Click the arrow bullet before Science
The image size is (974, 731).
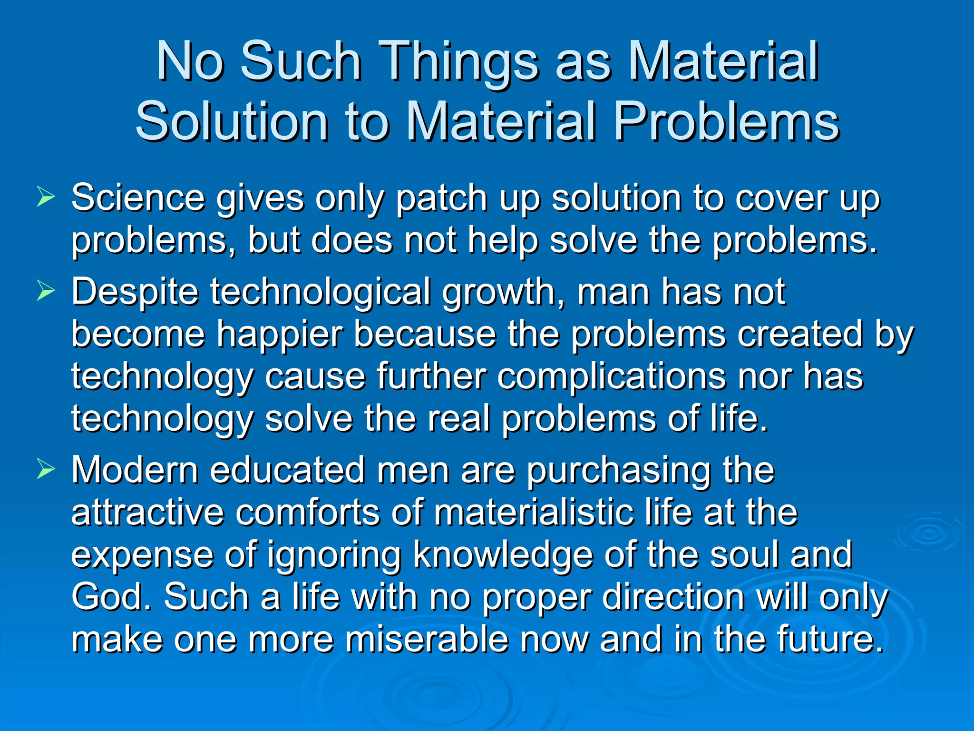point(46,197)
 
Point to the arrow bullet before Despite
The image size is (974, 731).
point(46,291)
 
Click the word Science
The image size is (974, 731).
point(138,198)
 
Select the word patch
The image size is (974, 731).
point(441,198)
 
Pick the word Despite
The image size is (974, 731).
point(135,292)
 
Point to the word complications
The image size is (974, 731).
point(612,376)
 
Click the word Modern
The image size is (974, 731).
point(135,470)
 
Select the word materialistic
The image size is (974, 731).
point(534,513)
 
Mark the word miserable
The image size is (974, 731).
point(426,639)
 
